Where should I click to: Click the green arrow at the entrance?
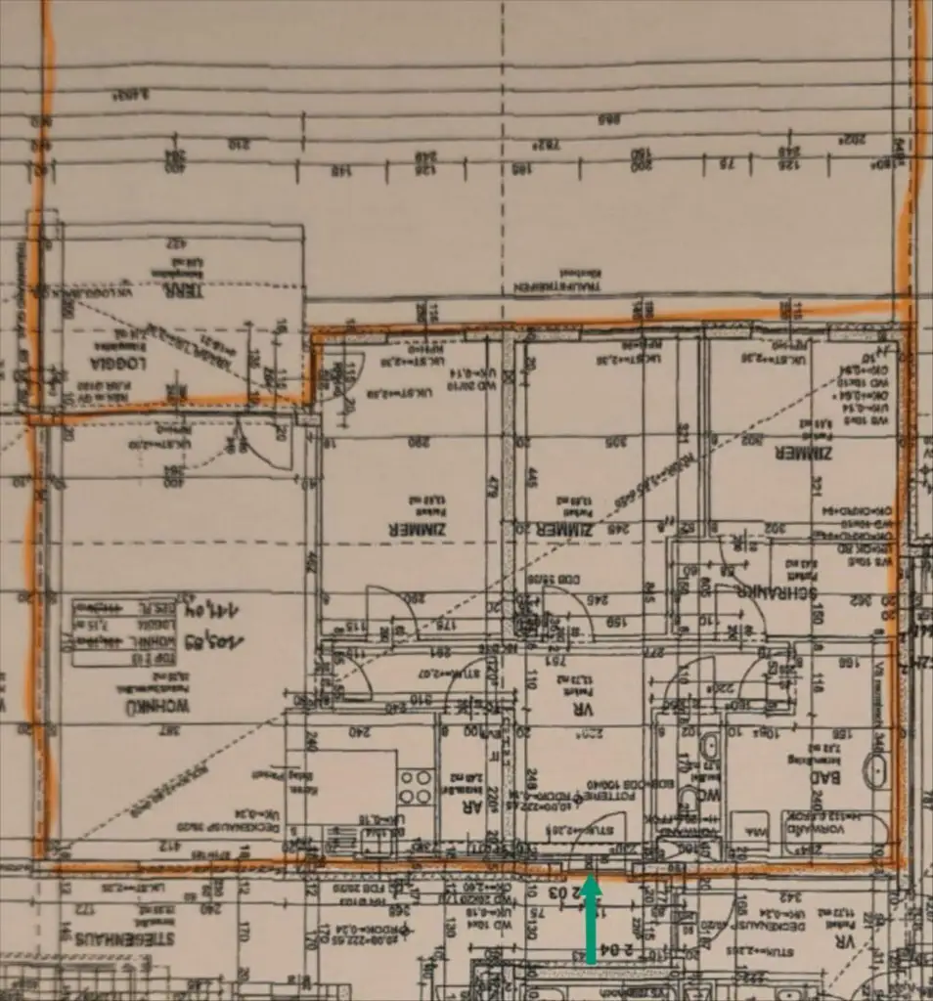coord(591,919)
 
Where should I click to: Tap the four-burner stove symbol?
coord(417,786)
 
